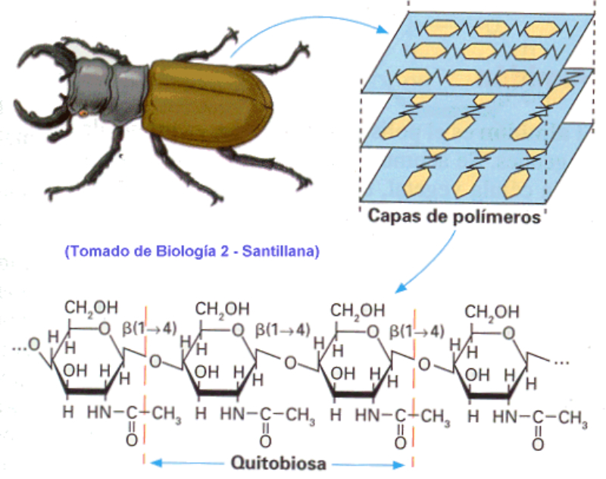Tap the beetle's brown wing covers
207,104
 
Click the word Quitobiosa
278,463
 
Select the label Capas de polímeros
454,217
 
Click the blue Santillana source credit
192,252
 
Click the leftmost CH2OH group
91,308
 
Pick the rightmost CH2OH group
492,312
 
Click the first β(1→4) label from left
149,329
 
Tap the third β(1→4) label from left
417,332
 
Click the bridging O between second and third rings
290,363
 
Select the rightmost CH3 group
573,418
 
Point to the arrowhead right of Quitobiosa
399,465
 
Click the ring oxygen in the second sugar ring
238,330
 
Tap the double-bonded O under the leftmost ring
131,440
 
